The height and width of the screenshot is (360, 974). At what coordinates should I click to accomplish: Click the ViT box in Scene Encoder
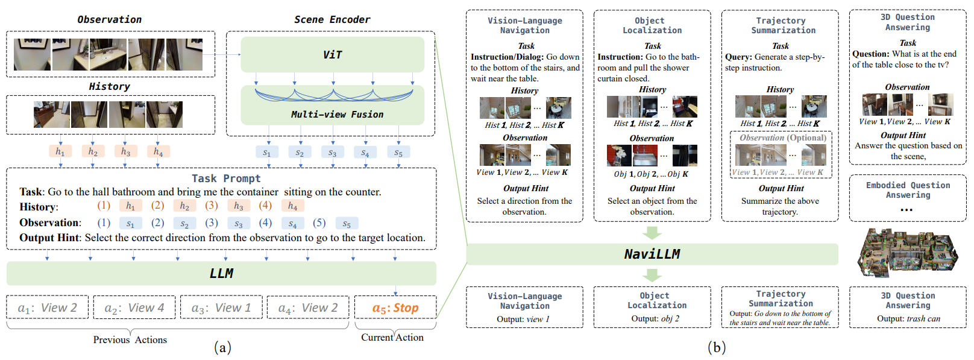click(332, 55)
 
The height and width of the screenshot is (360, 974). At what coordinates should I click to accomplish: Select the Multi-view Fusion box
click(332, 106)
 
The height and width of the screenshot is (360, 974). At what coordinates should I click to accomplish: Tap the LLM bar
click(221, 274)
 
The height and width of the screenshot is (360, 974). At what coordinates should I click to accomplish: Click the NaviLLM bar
click(652, 254)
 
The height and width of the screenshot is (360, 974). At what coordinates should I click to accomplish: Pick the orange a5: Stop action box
click(395, 308)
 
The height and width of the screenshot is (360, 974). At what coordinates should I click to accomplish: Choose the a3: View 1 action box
click(221, 308)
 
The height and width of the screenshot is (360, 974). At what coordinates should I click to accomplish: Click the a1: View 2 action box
click(48, 308)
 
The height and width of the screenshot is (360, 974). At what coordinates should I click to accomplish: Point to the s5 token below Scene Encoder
click(398, 153)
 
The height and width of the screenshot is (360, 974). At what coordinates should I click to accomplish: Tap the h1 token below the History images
click(60, 151)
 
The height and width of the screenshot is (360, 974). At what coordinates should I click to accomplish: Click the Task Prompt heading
click(226, 178)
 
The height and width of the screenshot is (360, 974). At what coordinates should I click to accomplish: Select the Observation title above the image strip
click(109, 19)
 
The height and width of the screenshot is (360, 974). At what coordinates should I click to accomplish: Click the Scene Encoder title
click(332, 19)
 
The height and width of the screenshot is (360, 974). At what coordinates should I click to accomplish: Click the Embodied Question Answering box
click(908, 198)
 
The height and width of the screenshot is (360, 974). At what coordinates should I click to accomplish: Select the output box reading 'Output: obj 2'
click(653, 307)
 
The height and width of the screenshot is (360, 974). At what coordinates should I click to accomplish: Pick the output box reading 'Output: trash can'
click(908, 307)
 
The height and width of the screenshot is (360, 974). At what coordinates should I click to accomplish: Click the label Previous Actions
click(130, 339)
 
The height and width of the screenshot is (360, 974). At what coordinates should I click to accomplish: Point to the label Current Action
click(392, 338)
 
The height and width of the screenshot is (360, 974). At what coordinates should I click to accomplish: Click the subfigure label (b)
click(716, 347)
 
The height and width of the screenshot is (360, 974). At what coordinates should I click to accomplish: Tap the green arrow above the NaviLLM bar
click(652, 233)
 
